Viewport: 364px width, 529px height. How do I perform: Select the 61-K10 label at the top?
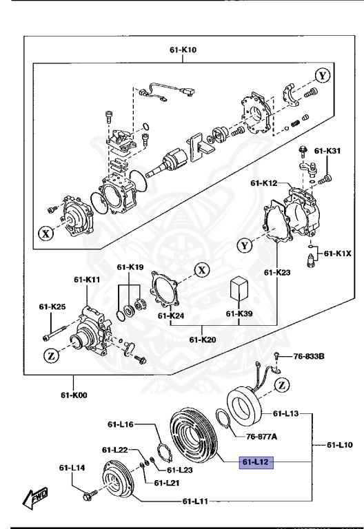pyautogui.click(x=183, y=50)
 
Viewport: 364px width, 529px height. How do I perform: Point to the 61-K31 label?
pyautogui.click(x=327, y=151)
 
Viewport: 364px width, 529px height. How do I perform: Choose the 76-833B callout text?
pyautogui.click(x=309, y=356)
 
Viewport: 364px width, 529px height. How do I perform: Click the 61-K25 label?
pyautogui.click(x=52, y=306)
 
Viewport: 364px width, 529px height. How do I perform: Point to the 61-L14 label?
pyautogui.click(x=72, y=467)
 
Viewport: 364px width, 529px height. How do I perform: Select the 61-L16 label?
pyautogui.click(x=120, y=424)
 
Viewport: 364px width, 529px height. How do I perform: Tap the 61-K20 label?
pyautogui.click(x=201, y=340)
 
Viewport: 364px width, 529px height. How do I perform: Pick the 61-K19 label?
pyautogui.click(x=130, y=267)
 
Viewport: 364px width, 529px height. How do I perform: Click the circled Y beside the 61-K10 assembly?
pyautogui.click(x=322, y=74)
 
